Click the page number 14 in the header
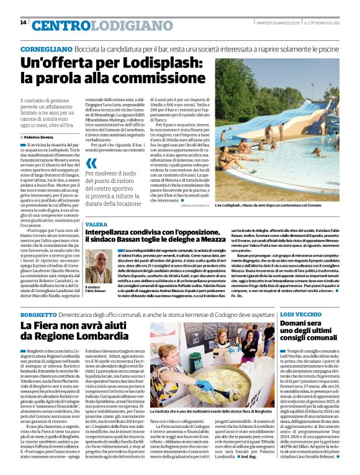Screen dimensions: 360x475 23,22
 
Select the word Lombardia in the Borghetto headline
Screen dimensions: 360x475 99,339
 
